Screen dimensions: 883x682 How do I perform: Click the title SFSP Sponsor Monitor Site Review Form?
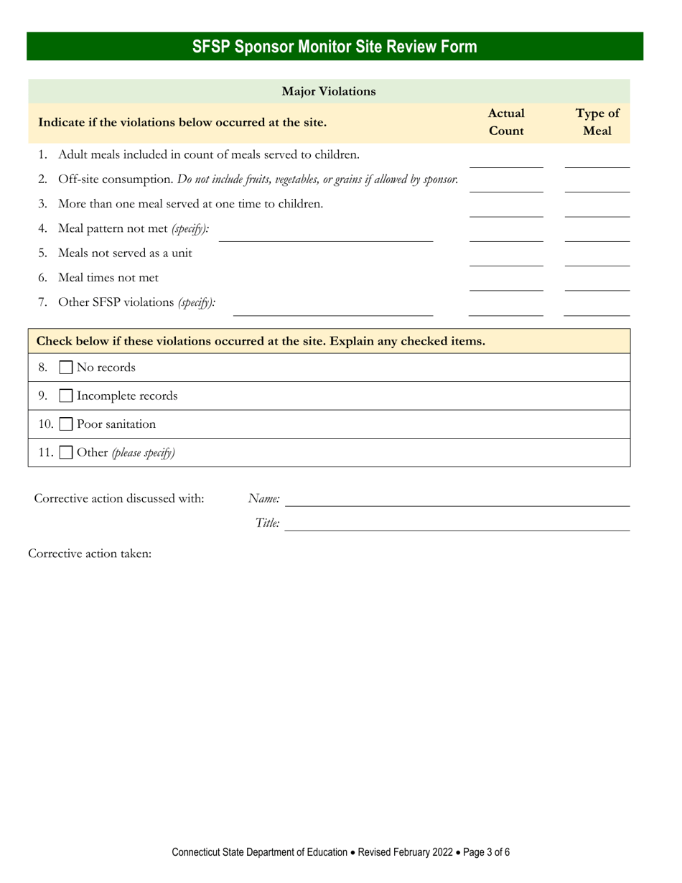[335, 47]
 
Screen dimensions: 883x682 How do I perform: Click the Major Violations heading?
[329, 91]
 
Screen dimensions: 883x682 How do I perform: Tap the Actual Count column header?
[506, 122]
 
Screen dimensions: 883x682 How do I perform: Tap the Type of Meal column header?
[597, 122]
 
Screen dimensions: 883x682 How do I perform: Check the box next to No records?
[65, 368]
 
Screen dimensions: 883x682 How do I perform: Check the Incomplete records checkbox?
[65, 396]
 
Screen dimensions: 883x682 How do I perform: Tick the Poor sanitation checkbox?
[65, 424]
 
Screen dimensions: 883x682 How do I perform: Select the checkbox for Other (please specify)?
[65, 453]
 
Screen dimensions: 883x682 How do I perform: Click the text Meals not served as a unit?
[125, 253]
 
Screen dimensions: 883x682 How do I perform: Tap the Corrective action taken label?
[90, 554]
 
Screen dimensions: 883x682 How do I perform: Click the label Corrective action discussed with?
[119, 498]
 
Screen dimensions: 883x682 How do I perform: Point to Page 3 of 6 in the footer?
[487, 853]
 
